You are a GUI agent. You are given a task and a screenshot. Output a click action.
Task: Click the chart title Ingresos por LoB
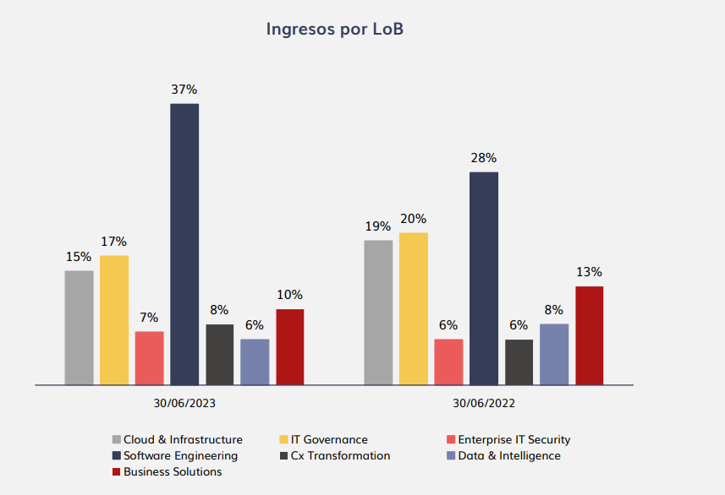335,30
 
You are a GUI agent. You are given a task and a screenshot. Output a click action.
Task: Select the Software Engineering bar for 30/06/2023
184,244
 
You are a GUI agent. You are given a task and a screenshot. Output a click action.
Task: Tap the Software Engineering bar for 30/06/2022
484,279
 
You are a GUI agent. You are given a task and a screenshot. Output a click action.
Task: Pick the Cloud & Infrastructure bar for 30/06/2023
79,328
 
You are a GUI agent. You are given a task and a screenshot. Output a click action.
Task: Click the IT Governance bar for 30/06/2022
413,309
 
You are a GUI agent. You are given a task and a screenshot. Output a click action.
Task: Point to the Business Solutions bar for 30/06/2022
590,335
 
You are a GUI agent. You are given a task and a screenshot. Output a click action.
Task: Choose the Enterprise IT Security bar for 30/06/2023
150,358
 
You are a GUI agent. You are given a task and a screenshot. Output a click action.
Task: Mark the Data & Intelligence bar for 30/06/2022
554,355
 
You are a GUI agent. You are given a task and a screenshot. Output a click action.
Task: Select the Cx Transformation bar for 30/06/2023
220,355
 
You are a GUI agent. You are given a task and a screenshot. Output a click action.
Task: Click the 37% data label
184,89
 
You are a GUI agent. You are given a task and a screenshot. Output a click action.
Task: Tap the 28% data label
484,158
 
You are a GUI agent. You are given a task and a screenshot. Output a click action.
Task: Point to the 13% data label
590,272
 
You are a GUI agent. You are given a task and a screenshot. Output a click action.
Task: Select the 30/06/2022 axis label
484,404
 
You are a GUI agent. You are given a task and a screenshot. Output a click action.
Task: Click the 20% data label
413,219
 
